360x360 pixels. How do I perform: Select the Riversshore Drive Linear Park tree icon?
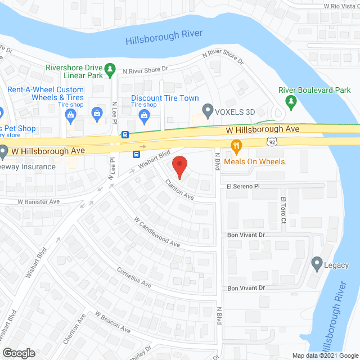tap(111, 69)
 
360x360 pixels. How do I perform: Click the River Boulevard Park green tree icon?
tap(291, 101)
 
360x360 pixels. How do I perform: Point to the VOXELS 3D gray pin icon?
tap(208, 111)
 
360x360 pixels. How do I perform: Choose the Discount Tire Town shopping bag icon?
tap(145, 116)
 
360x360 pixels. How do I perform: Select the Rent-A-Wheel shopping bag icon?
tap(71, 116)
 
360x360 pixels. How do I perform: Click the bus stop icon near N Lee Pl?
tap(125, 135)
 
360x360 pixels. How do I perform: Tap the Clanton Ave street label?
tap(179, 190)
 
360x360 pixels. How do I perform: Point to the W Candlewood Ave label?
tap(156, 232)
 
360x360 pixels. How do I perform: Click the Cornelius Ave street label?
tap(133, 274)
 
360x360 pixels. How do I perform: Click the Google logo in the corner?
tap(18, 353)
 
